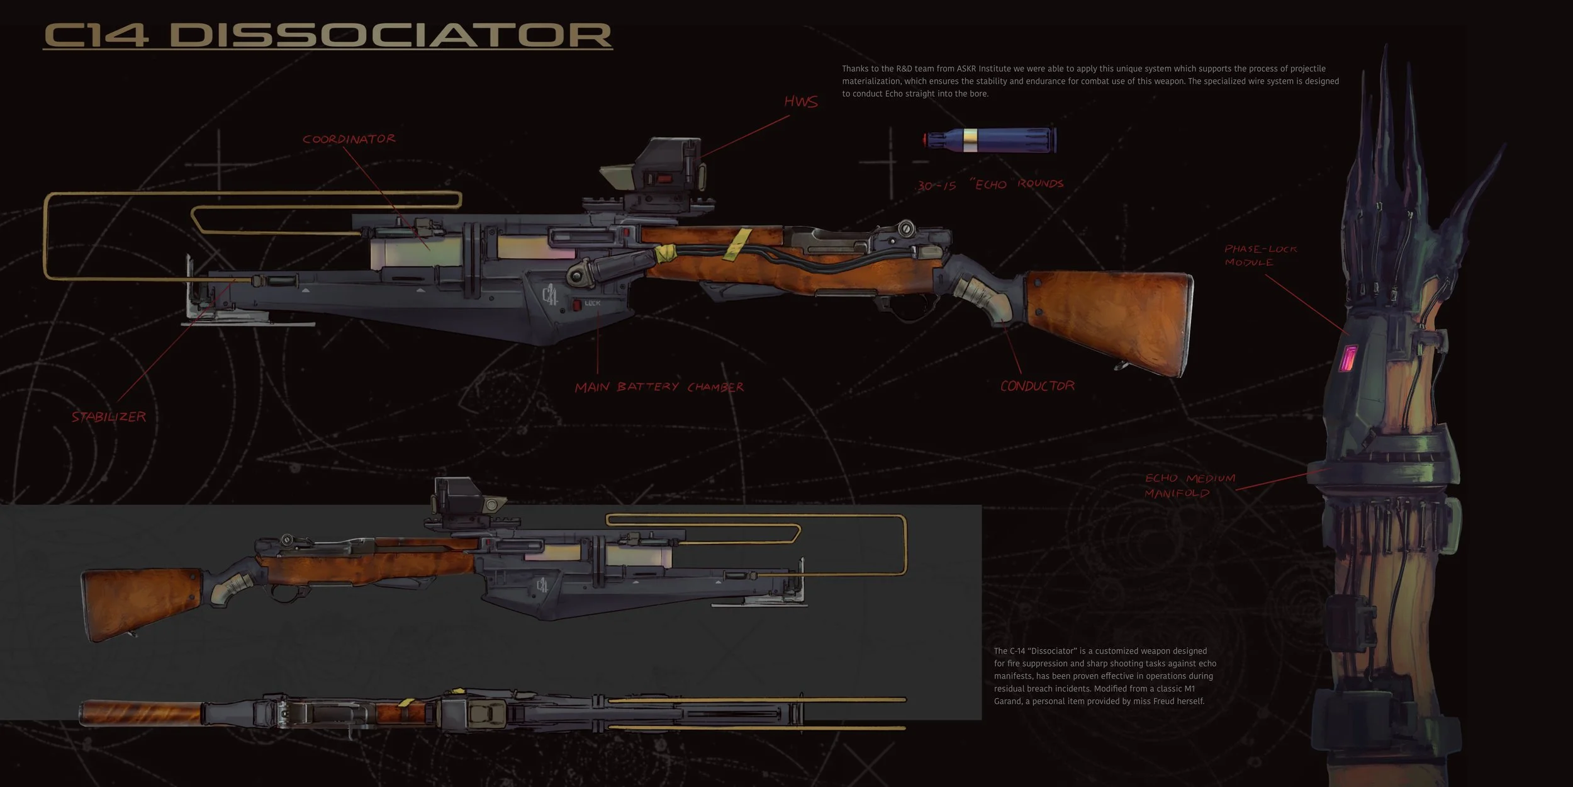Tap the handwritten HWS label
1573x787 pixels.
point(800,102)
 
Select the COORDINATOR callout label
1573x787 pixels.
point(349,139)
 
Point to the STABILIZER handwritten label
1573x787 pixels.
point(108,417)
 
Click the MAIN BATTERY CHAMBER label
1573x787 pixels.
point(659,387)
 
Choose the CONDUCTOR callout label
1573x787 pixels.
point(1037,386)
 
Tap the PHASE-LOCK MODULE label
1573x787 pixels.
point(1260,255)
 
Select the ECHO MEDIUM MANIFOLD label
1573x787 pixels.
point(1189,485)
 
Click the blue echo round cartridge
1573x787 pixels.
point(991,140)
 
